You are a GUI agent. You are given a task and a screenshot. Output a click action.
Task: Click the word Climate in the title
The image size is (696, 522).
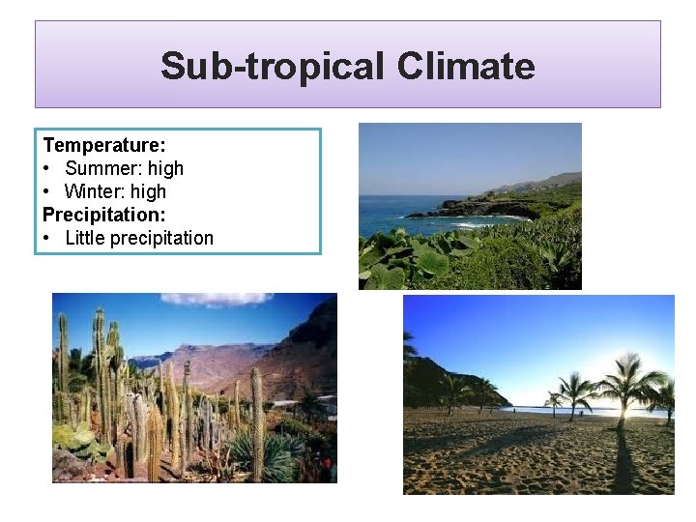[x=465, y=67]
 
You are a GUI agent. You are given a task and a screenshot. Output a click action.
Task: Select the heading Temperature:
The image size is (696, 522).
[x=104, y=145]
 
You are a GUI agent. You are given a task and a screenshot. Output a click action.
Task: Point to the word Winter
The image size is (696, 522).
[x=92, y=191]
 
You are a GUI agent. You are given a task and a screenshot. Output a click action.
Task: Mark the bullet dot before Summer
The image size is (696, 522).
[x=47, y=168]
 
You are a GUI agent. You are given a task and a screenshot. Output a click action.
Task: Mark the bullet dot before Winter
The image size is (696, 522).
[x=47, y=191]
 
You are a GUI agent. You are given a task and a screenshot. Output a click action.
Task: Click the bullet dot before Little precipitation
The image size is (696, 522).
[x=47, y=238]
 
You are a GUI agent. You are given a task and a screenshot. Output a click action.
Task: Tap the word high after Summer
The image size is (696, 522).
[x=166, y=168]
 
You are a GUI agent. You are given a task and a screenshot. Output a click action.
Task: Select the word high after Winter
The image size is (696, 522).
[x=146, y=191]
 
